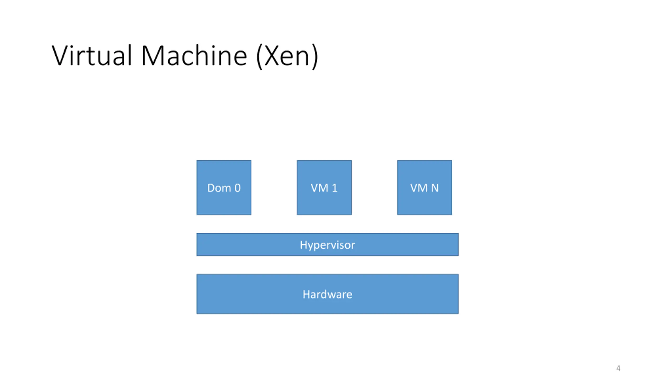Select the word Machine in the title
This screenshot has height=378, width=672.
[194, 55]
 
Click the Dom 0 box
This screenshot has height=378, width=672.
[224, 187]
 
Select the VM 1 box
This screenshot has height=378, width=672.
[324, 187]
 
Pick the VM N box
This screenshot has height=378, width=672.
[424, 187]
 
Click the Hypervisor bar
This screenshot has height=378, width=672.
[327, 244]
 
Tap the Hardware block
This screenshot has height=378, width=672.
[327, 294]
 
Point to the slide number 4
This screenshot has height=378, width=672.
[618, 368]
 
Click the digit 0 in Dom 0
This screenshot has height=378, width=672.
[238, 188]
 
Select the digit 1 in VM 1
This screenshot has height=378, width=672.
[334, 188]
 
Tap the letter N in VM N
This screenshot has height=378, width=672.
[435, 188]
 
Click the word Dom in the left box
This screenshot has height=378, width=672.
[219, 188]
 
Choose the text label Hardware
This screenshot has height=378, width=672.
[327, 294]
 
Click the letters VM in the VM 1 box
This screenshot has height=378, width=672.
[319, 188]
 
